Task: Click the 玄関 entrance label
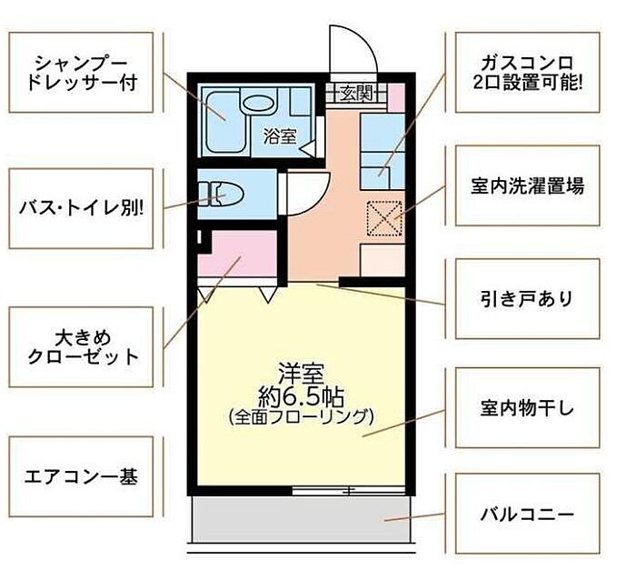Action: click(356, 94)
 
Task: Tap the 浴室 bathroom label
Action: click(280, 135)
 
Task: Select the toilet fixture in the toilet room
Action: click(221, 195)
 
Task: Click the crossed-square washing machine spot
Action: click(383, 218)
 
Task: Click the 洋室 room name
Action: click(301, 374)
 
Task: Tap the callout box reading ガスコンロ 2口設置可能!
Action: click(527, 73)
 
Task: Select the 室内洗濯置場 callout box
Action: click(527, 185)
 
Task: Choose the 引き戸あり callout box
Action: click(527, 298)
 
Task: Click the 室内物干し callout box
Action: click(527, 407)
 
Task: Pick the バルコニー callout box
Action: click(527, 514)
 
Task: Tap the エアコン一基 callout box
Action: click(81, 476)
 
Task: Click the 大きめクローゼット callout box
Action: click(81, 346)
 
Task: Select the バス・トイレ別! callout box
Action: click(81, 208)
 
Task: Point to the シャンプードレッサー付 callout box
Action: click(81, 73)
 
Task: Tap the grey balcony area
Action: click(301, 519)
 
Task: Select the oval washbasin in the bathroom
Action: click(258, 103)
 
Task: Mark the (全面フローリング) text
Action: click(301, 417)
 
